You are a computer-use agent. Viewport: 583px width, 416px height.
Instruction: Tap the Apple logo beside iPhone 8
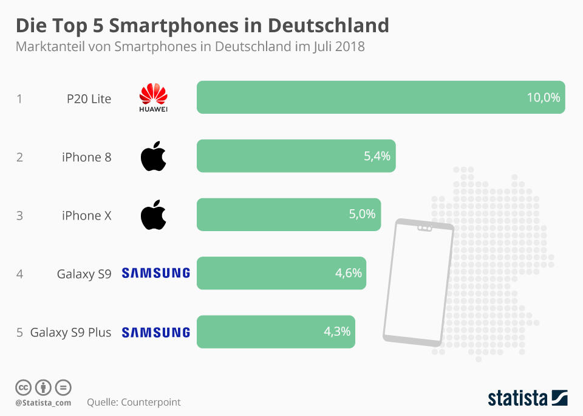(153, 157)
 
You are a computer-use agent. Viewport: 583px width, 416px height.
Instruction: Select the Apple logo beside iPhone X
(153, 215)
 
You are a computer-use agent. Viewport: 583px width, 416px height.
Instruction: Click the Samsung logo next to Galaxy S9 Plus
(156, 333)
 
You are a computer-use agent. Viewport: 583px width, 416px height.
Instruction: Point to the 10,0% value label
(543, 97)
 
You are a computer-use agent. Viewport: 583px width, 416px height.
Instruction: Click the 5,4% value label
(377, 156)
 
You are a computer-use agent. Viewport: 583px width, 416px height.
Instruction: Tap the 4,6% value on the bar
(348, 273)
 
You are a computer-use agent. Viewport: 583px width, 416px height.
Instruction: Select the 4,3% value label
(337, 332)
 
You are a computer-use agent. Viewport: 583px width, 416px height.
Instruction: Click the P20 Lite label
(89, 99)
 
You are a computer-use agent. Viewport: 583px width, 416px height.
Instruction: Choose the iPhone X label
(86, 215)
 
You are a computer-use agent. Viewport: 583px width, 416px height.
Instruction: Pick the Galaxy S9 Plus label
(70, 333)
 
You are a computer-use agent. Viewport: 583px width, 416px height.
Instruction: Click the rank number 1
(19, 99)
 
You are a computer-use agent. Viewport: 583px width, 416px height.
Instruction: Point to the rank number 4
(19, 274)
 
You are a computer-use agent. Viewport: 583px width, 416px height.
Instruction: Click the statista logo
(528, 398)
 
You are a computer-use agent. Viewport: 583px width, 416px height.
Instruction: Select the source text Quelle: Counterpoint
(134, 402)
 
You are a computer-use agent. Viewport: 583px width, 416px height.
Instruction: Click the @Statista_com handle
(43, 403)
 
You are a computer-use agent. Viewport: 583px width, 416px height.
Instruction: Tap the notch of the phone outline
(424, 229)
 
